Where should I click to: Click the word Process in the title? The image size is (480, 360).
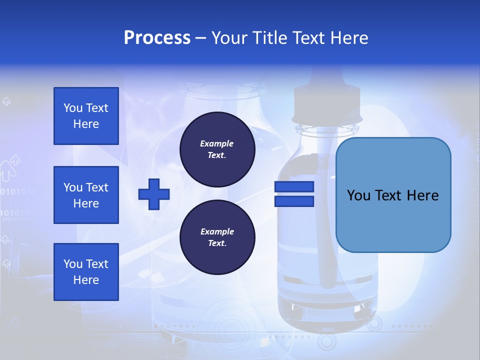pyautogui.click(x=157, y=38)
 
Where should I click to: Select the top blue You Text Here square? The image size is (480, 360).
pyautogui.click(x=86, y=116)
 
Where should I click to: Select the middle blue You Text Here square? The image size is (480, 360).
pyautogui.click(x=86, y=195)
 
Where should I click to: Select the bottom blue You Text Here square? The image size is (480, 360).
pyautogui.click(x=86, y=272)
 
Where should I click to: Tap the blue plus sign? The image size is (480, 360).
pyautogui.click(x=154, y=194)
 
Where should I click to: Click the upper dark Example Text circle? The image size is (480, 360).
pyautogui.click(x=217, y=149)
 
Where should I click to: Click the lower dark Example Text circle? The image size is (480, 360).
pyautogui.click(x=217, y=237)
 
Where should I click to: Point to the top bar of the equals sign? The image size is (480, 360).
pyautogui.click(x=294, y=187)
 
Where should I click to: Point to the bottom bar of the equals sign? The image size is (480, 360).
pyautogui.click(x=294, y=201)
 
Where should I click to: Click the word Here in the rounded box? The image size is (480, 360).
pyautogui.click(x=422, y=195)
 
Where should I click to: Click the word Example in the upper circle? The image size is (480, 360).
pyautogui.click(x=217, y=143)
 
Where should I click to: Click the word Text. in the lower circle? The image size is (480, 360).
pyautogui.click(x=217, y=243)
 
